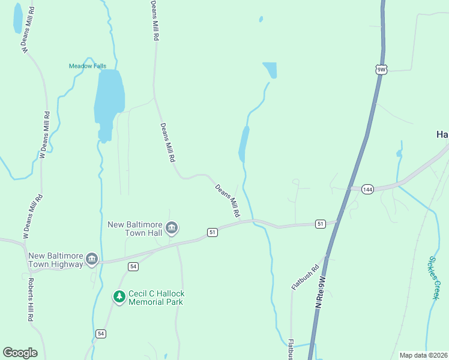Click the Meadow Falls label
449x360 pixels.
click(x=88, y=66)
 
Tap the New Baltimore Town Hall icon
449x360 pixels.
click(x=172, y=227)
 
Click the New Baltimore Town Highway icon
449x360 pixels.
click(x=92, y=259)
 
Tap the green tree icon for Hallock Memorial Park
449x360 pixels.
click(x=119, y=296)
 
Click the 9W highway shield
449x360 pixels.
click(x=381, y=70)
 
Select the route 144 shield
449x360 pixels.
click(x=368, y=189)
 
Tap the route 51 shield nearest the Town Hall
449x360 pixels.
click(x=212, y=232)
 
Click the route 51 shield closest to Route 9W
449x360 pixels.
click(x=321, y=224)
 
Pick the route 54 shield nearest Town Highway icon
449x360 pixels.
click(x=133, y=266)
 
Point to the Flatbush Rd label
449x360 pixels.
click(x=306, y=277)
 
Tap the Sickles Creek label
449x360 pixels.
click(x=435, y=278)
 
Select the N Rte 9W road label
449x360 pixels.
click(x=321, y=293)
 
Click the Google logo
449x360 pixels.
click(x=20, y=353)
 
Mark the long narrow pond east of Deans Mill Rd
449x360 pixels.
click(x=244, y=144)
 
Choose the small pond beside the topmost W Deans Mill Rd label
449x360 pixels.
click(x=18, y=18)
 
